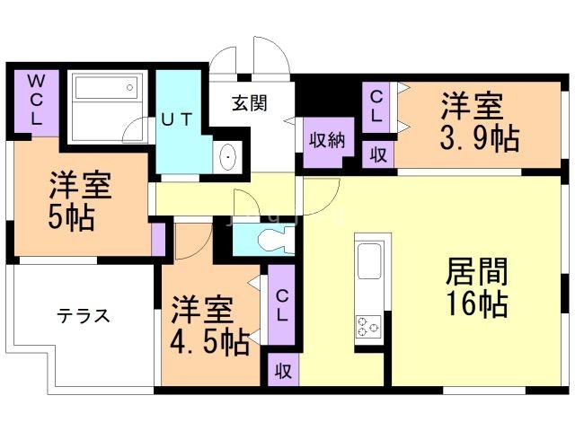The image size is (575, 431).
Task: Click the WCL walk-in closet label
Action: click(x=36, y=100)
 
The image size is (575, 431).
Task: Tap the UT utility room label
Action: click(x=177, y=119)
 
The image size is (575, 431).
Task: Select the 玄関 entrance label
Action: click(x=250, y=103)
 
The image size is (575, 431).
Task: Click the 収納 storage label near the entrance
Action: click(x=327, y=140)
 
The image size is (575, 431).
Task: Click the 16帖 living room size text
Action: click(x=477, y=303)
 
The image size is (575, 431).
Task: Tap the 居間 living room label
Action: click(x=477, y=271)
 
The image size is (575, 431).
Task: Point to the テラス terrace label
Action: click(x=84, y=315)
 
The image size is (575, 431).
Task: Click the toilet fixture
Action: click(x=276, y=239)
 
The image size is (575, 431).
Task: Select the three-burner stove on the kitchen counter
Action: click(x=368, y=326)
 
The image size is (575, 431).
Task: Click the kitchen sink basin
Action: click(x=369, y=261)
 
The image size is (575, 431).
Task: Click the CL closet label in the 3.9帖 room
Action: click(x=376, y=107)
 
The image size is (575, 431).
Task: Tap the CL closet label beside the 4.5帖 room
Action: click(x=281, y=305)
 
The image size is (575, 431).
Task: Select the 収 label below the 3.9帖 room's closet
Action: click(x=378, y=154)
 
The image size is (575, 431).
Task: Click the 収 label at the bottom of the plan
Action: click(x=284, y=372)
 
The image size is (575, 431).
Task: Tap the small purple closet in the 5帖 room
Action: click(x=158, y=239)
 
